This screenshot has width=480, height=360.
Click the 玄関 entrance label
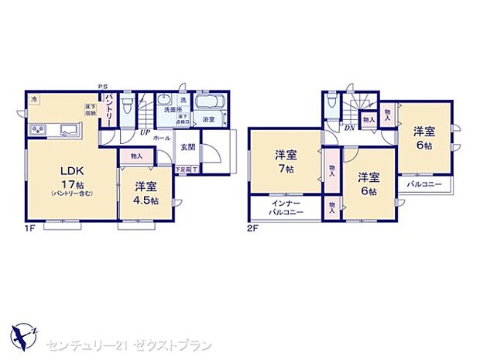click(187, 147)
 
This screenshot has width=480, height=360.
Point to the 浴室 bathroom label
click(209, 120)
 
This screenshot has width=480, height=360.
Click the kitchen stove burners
click(37, 129)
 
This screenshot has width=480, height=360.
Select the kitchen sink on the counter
click(67, 129)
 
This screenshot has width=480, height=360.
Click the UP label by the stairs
click(145, 132)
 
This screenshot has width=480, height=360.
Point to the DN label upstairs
click(349, 128)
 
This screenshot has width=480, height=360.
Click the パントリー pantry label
click(111, 108)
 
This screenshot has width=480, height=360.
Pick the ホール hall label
click(162, 138)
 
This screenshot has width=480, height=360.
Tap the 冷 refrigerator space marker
click(34, 99)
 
